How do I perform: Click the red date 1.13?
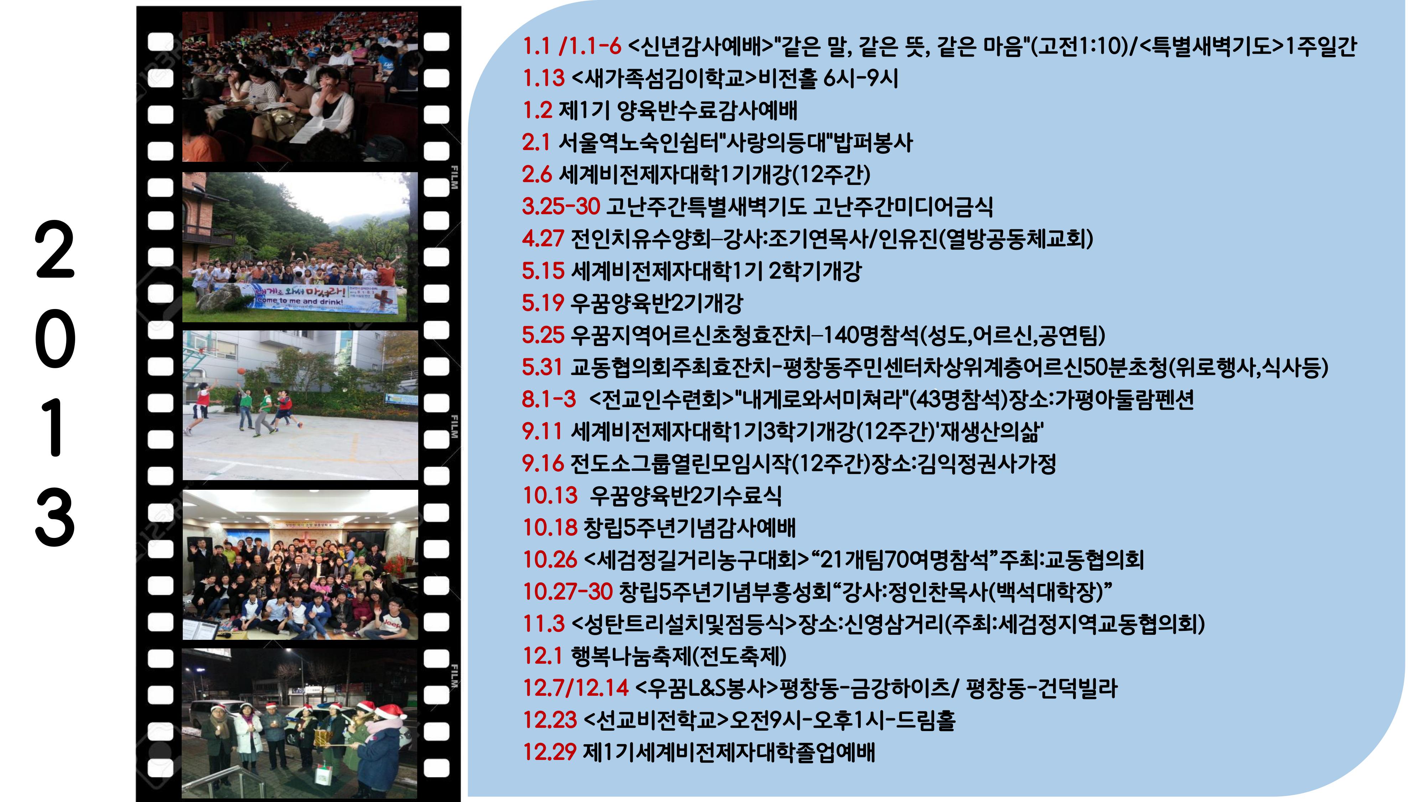(x=543, y=78)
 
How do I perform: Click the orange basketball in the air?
(x=241, y=371)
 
